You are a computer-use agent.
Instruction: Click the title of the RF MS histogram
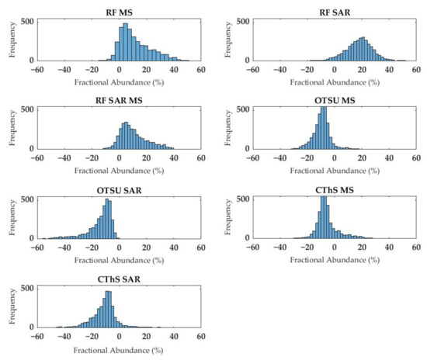coord(118,10)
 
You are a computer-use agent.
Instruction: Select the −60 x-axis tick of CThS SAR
coord(35,337)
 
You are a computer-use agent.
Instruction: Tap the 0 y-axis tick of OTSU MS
coord(245,149)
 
